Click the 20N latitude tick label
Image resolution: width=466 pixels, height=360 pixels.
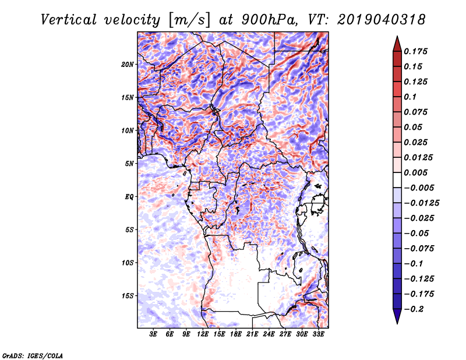128,64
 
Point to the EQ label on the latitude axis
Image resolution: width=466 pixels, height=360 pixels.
129,196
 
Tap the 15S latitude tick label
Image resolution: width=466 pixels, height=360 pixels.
128,295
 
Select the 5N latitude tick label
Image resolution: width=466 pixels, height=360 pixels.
129,163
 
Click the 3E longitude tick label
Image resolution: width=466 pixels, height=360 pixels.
154,334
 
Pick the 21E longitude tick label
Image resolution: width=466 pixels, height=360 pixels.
252,334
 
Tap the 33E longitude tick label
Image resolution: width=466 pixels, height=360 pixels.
318,334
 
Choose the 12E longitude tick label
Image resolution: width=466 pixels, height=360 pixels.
203,334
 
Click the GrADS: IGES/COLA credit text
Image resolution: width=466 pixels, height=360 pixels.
32,355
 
